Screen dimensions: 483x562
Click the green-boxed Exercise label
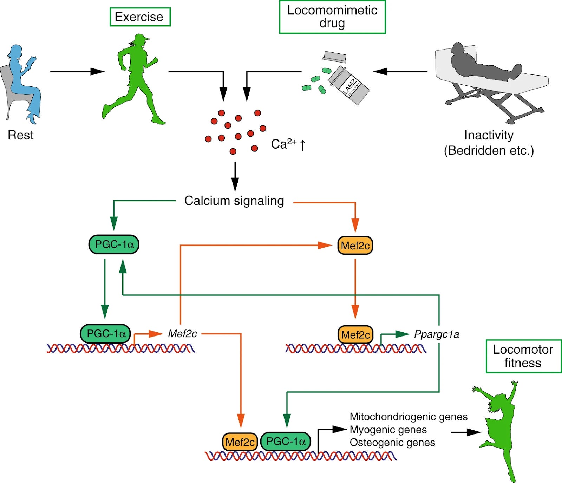tap(140, 17)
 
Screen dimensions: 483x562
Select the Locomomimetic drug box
tap(332, 17)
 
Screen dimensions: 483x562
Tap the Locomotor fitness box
tap(523, 356)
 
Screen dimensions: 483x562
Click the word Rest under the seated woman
tap(20, 135)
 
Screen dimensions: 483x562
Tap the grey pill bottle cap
tap(334, 56)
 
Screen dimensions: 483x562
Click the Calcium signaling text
tap(234, 201)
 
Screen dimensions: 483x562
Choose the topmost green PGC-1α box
tap(114, 244)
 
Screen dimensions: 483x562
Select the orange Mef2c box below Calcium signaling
tap(355, 246)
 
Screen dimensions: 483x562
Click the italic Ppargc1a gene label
tap(436, 334)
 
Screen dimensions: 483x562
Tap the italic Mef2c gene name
tap(182, 333)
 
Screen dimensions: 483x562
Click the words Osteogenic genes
tap(392, 443)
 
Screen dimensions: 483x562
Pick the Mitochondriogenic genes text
tap(408, 417)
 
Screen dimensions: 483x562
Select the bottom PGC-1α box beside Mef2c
tap(286, 442)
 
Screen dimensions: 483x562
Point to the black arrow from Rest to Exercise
tap(77, 72)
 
